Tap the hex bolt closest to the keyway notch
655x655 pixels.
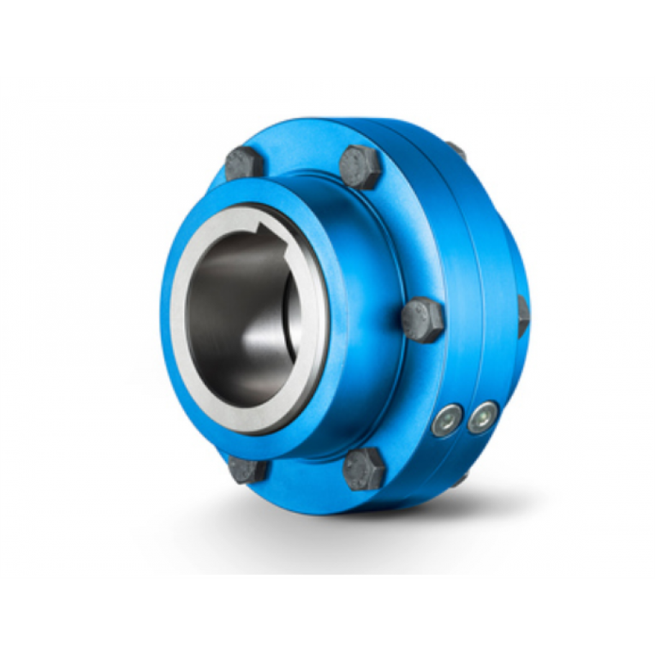coord(243,162)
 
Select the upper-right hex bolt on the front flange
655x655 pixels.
coord(360,166)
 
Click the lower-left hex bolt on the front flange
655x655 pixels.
coord(248,469)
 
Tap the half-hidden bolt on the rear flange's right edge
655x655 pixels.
coord(523,317)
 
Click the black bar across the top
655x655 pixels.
coord(327,38)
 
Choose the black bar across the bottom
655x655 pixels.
coord(327,617)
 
